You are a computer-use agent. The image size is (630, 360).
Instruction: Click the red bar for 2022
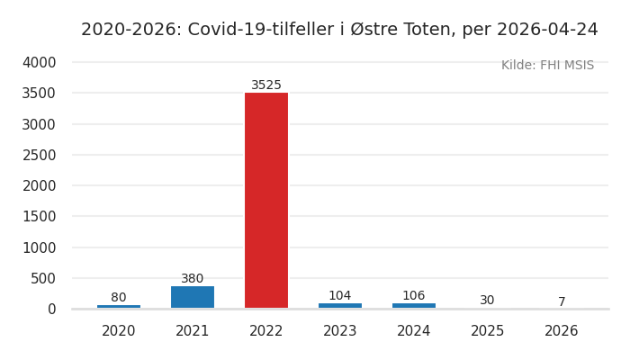coord(266,200)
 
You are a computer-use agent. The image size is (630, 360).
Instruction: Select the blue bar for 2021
coord(193,297)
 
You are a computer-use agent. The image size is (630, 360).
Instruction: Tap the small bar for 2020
coord(119,307)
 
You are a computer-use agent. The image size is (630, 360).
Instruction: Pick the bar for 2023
coord(340,306)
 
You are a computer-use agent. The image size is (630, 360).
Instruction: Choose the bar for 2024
coord(414,306)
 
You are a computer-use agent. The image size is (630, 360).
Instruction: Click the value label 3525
coord(266,85)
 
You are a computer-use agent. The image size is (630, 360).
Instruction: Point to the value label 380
coord(193,279)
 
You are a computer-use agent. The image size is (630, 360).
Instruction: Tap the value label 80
coord(119,298)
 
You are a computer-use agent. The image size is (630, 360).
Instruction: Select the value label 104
coord(340,296)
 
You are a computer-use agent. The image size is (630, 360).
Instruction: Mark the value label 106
coord(414,296)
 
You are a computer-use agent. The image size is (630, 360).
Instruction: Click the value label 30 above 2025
coord(487,301)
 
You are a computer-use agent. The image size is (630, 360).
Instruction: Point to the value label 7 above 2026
coord(562,302)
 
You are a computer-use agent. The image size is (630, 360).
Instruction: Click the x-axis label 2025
coord(488,331)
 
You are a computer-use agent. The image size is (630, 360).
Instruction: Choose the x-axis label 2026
coord(562,331)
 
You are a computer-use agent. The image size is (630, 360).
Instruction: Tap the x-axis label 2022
coord(266,331)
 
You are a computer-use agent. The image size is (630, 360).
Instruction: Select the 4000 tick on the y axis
coord(39,63)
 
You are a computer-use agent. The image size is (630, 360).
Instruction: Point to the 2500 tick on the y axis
coord(39,155)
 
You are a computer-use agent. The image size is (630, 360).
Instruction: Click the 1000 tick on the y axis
coord(39,247)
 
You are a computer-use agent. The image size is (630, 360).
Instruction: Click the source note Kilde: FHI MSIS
coord(547,66)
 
